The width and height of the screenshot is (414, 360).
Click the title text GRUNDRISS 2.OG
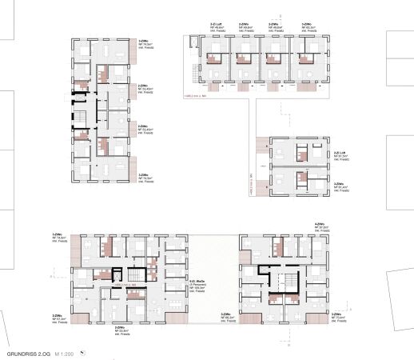[26, 352]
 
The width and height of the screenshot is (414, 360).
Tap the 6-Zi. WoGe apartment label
[196, 285]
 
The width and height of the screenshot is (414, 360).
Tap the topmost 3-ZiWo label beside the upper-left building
[144, 45]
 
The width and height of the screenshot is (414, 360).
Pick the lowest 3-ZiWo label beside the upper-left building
[144, 178]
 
